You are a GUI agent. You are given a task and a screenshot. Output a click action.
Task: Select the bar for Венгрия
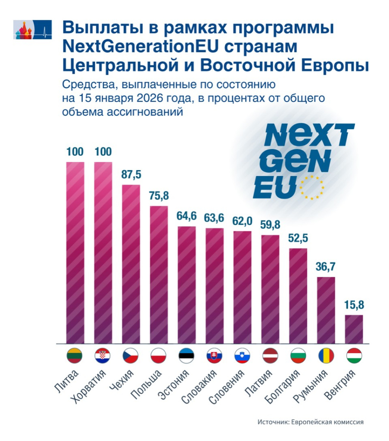click(355, 329)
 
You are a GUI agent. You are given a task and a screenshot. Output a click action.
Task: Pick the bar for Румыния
click(326, 310)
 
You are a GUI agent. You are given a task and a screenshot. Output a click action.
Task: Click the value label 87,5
click(131, 175)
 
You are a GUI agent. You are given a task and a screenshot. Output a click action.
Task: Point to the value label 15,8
click(355, 305)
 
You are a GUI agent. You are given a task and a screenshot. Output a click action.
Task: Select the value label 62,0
click(243, 221)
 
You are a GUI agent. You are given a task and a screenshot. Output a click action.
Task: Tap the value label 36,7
click(326, 267)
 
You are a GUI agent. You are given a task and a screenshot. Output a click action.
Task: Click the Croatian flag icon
click(103, 356)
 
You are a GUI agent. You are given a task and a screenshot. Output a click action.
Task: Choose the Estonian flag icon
click(187, 356)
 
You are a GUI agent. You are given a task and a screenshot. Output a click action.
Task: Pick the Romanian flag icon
click(326, 356)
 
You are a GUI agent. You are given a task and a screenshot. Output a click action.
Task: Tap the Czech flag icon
click(131, 356)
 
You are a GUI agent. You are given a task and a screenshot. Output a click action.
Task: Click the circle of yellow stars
click(311, 187)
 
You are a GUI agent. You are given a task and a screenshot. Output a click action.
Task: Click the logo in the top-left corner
click(33, 30)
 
